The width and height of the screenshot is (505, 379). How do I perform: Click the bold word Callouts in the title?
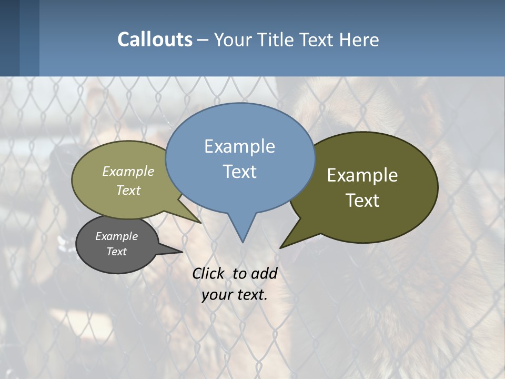pos(155,39)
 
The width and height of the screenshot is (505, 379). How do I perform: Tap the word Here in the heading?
pos(359,39)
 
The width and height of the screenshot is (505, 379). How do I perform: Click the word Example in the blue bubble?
pos(239,146)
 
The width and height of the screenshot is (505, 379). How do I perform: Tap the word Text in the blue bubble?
pos(239,172)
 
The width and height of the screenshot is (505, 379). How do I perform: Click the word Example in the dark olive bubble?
pos(362,175)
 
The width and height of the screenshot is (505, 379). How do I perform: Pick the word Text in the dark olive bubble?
pos(362,201)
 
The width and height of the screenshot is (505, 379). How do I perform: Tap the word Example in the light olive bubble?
pos(128,171)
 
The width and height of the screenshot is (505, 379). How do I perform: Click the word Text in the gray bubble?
pos(117,252)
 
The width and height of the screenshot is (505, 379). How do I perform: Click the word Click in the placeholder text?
pos(208,273)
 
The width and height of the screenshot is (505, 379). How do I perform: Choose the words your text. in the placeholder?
pos(235,295)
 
